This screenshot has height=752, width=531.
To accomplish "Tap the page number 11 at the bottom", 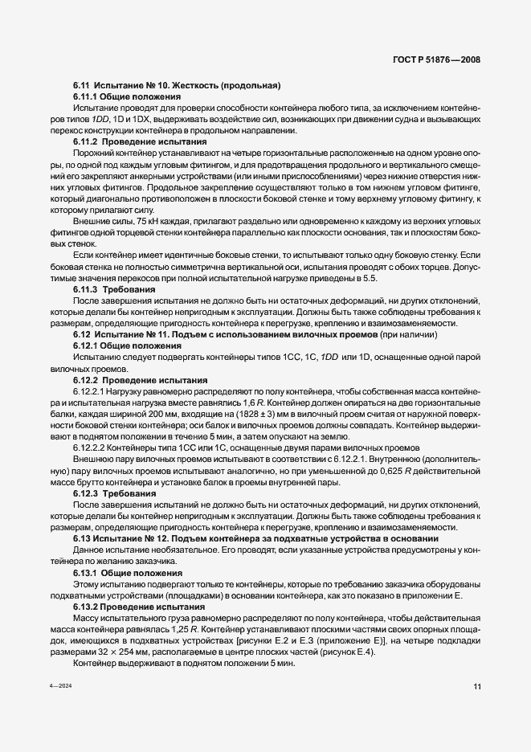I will pyautogui.click(x=477, y=709).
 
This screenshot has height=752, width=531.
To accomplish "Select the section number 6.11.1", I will pyautogui.click(x=87, y=96).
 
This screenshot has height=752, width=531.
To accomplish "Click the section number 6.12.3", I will pyautogui.click(x=87, y=492).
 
